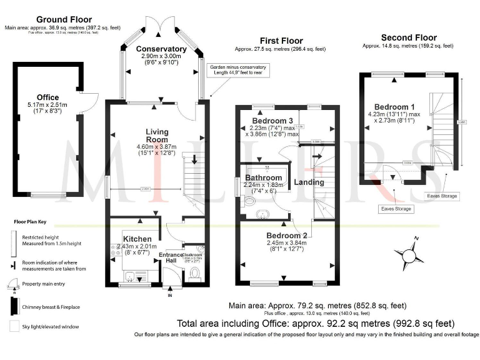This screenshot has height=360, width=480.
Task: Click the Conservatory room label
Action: (161, 49)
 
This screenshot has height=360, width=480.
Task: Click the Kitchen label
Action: (137, 239)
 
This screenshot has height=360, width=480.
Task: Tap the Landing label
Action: (309, 182)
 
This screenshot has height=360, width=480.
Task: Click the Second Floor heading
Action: (409, 37)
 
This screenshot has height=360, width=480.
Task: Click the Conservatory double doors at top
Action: (161, 24)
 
